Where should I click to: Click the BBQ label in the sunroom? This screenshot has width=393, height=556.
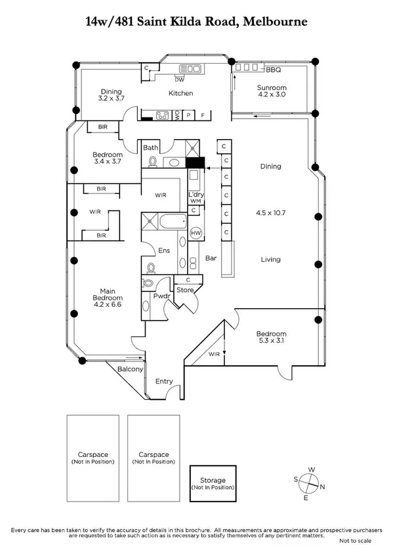click(x=274, y=69)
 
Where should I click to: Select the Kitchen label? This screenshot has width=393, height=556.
click(x=180, y=93)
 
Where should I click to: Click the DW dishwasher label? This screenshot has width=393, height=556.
click(x=180, y=79)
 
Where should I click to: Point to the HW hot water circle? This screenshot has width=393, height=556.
click(x=196, y=233)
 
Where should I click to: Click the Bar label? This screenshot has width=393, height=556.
click(x=211, y=258)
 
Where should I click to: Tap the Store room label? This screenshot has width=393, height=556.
click(x=186, y=290)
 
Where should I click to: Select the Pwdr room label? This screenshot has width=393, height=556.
click(x=161, y=296)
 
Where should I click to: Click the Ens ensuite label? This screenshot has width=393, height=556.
click(x=165, y=250)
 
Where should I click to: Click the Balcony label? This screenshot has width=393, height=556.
click(x=130, y=370)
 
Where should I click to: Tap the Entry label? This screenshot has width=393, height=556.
click(x=164, y=381)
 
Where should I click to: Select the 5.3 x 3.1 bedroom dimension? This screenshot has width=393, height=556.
click(x=272, y=341)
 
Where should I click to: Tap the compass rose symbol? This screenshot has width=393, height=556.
click(x=310, y=485)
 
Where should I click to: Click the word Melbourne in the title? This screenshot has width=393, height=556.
click(x=275, y=22)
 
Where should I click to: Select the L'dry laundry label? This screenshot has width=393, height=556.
click(x=196, y=195)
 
